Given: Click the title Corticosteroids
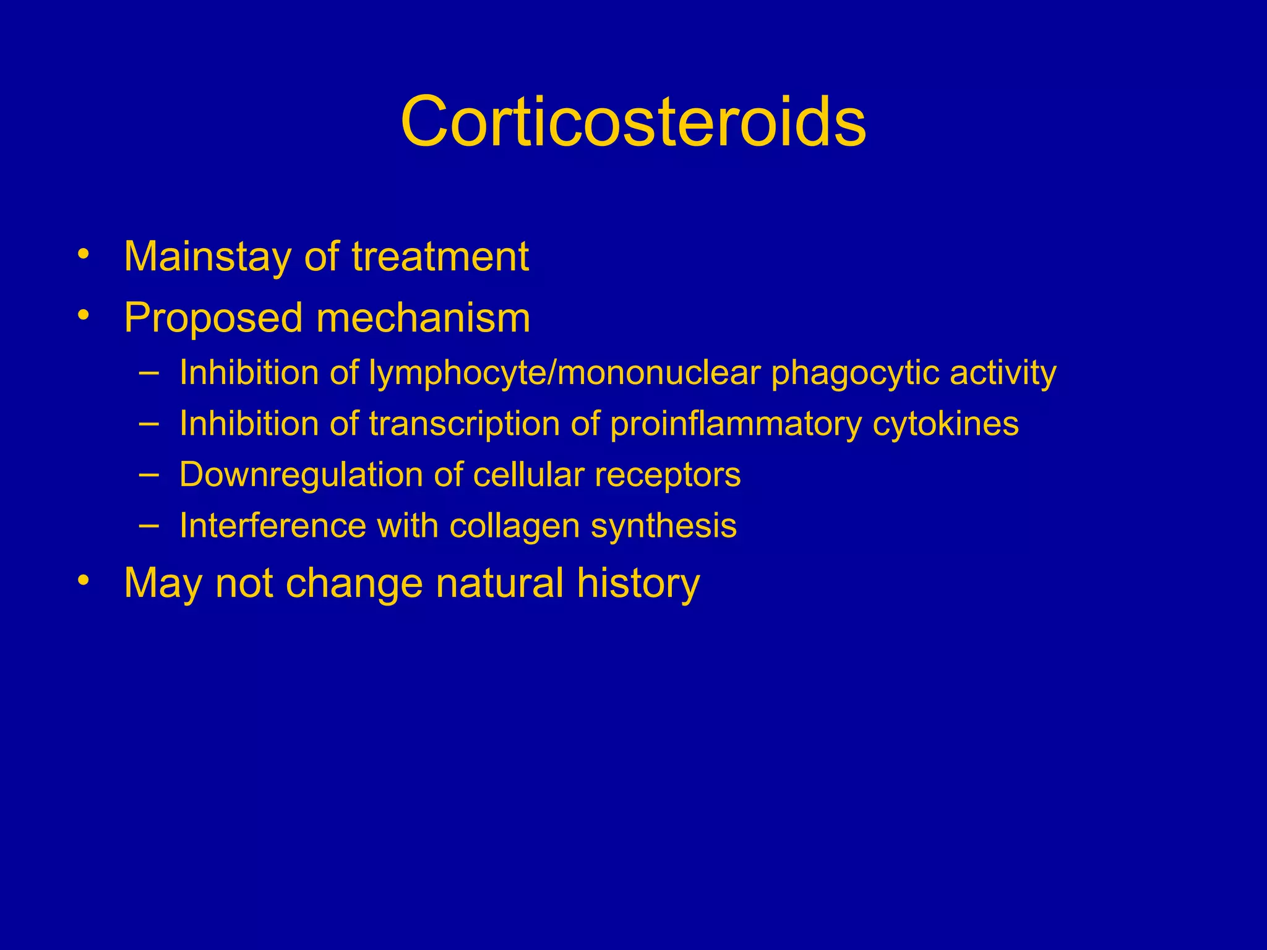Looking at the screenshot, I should pos(633,121).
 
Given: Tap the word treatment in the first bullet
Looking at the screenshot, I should pos(440,257).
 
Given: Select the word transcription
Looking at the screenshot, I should pos(464,424).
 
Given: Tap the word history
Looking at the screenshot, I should pos(638,584).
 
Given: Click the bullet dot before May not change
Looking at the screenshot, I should pos(84,580).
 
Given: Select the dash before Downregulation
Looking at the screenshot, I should pos(148,474).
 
